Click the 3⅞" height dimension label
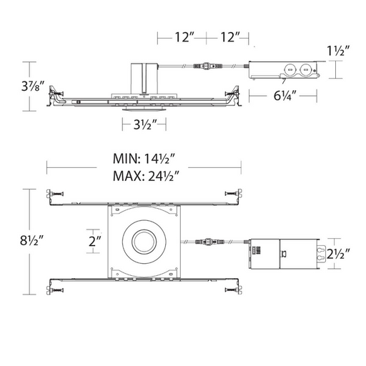click(33, 86)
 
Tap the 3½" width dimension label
click(145, 124)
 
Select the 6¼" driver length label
click(285, 96)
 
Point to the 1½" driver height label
click(338, 51)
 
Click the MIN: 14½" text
click(144, 159)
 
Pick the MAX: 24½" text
click(146, 176)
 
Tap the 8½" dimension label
click(31, 240)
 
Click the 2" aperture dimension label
click(95, 241)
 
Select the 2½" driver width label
click(338, 254)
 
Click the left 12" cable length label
click(184, 37)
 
